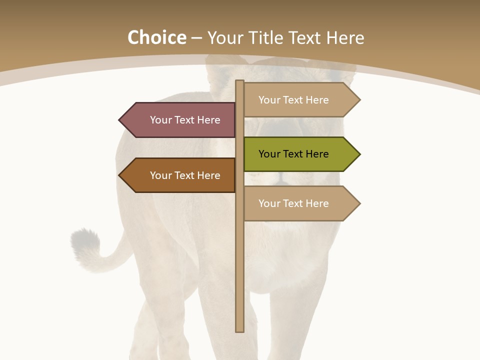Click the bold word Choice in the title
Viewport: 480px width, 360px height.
coord(156,38)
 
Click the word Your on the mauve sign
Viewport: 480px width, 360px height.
coord(161,120)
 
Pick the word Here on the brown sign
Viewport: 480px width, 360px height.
coord(209,175)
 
